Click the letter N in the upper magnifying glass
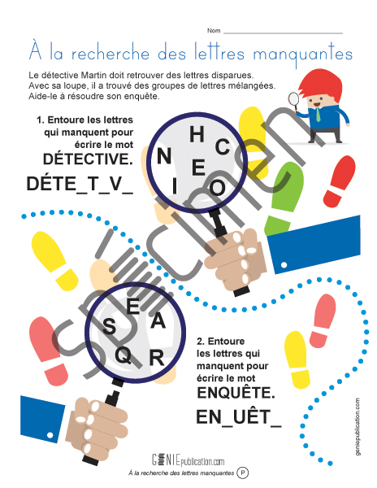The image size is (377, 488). pos(164,155)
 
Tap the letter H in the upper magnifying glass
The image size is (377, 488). pos(196,135)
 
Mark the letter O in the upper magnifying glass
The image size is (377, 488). pos(218,186)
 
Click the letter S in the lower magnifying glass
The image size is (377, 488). pos(110,326)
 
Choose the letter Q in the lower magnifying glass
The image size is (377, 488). pos(123,355)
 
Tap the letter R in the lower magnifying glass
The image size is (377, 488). pos(157,355)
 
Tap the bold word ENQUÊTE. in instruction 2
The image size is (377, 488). pos(236,392)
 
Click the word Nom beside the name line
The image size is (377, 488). pos(213,30)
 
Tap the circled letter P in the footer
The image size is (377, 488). pos(242,472)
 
